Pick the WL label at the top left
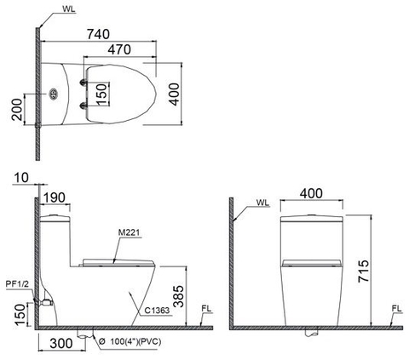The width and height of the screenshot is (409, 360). tap(68, 9)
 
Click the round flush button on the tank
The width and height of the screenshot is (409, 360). tap(54, 94)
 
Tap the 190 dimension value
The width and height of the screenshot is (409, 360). tap(55, 197)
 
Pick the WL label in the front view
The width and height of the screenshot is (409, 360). tap(262, 204)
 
